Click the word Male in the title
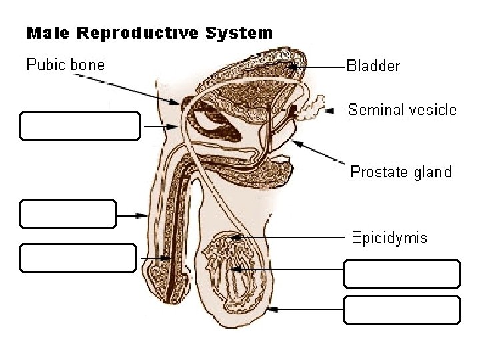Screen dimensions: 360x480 point(45,32)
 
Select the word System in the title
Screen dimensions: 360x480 point(239,32)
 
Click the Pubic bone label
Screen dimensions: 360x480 point(65,65)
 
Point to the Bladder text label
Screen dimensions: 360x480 point(373,66)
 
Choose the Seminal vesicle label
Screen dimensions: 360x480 point(402,110)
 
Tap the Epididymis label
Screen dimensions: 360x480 point(389,237)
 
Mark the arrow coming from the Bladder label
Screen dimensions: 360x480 point(320,66)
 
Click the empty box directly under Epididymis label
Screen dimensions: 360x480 point(402,274)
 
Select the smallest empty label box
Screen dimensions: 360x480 point(68,214)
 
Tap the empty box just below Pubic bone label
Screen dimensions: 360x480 point(80,126)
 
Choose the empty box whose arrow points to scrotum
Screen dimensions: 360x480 point(402,310)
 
